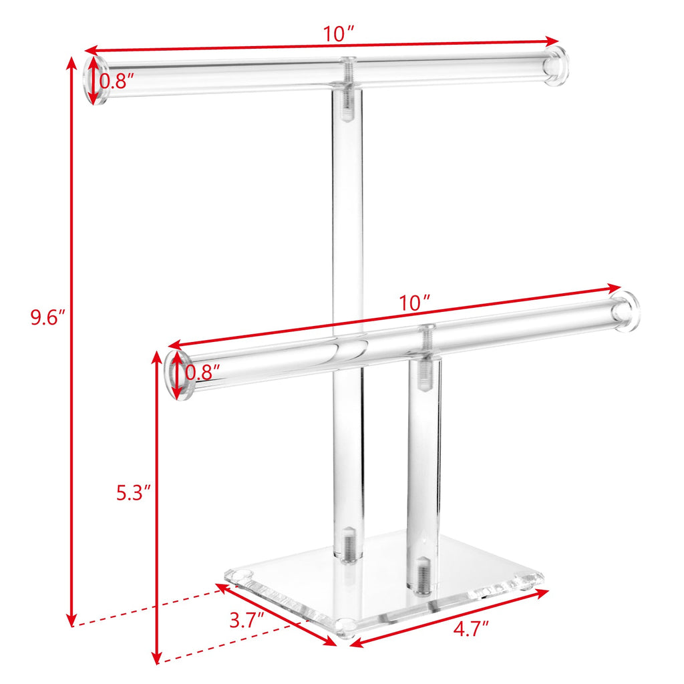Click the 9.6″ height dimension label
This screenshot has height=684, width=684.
tap(47, 317)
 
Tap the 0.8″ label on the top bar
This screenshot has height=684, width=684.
tap(117, 81)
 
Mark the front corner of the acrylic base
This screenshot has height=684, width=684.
tap(345, 628)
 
